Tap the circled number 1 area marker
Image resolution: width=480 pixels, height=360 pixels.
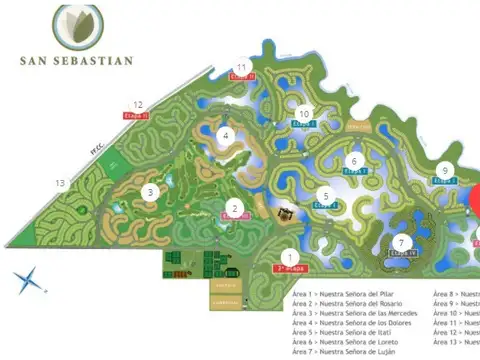pos(290,255)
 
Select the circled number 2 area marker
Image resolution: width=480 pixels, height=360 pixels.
pos(234,209)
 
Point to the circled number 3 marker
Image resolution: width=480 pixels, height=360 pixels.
pos(150,192)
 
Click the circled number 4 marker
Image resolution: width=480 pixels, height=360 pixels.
pos(227,136)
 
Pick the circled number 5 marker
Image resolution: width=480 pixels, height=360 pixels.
pos(324,196)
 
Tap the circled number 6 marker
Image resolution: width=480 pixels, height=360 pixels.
pos(353,160)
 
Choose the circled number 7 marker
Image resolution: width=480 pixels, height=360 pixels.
pos(401,243)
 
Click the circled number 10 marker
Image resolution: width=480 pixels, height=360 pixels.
pos(304,115)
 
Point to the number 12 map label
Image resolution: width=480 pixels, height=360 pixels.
pos(138,103)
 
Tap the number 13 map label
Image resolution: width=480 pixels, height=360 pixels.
pos(61,183)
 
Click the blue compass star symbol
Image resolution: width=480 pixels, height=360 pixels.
pos(30,281)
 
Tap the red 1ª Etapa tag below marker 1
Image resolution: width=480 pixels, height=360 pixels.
pos(290,269)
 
